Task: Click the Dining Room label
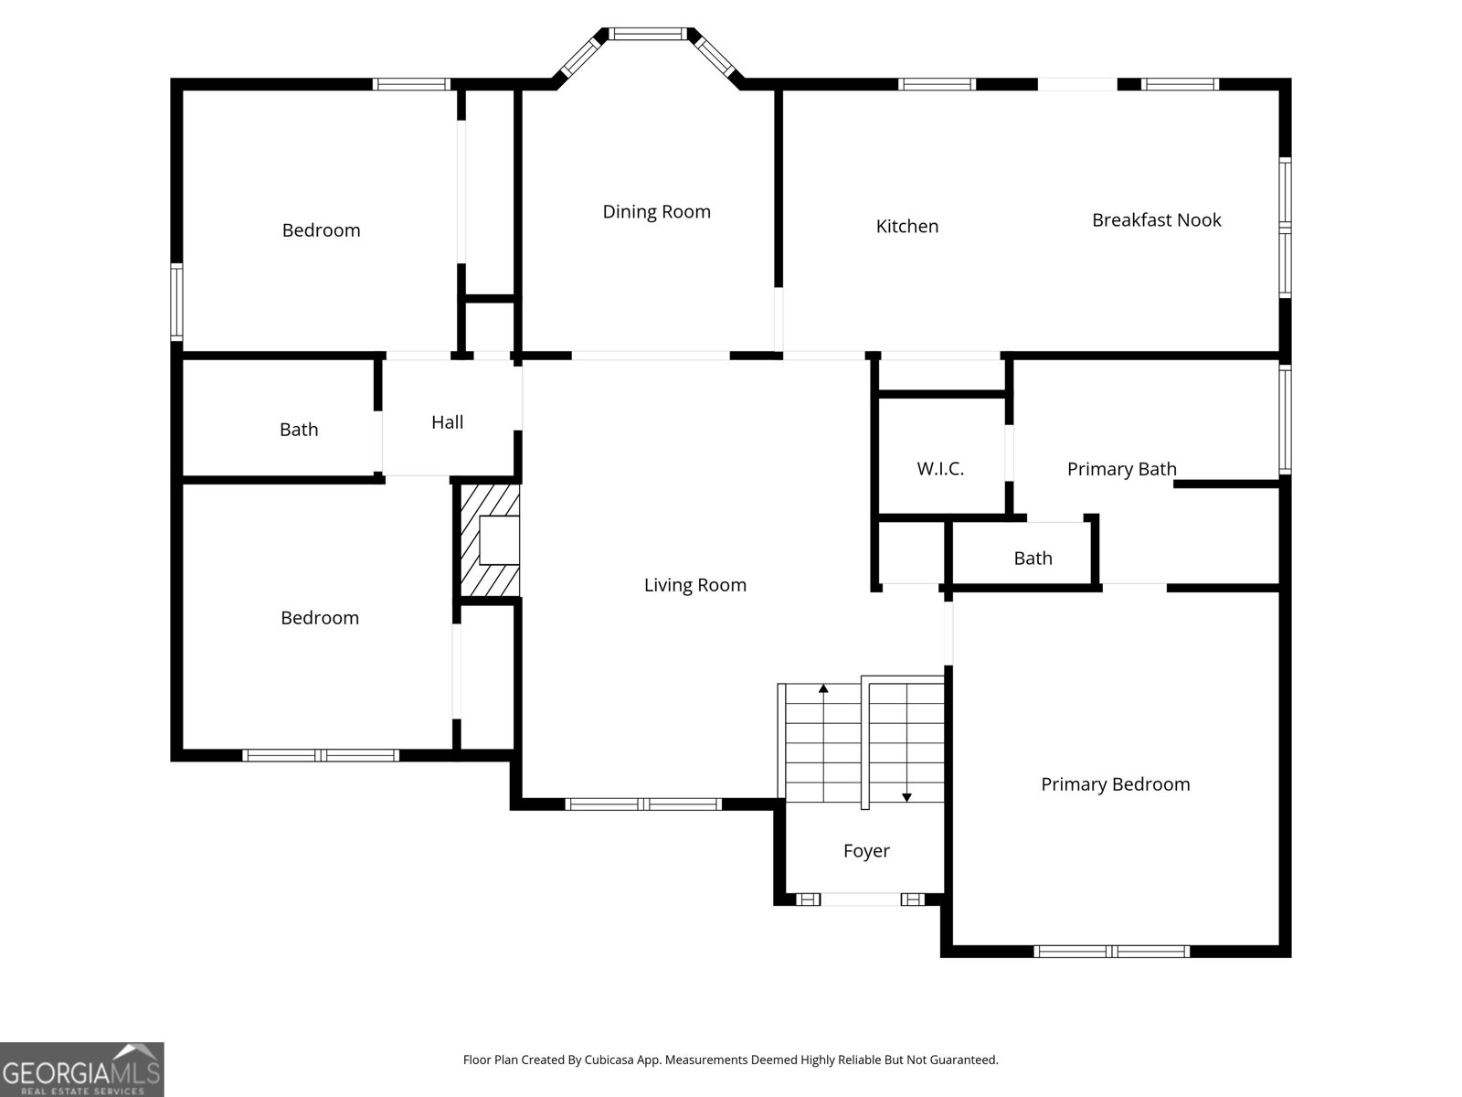(656, 212)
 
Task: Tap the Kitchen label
(906, 227)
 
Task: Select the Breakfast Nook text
(1156, 220)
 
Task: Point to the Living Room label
(694, 585)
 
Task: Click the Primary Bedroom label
(1115, 784)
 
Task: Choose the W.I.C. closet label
(940, 469)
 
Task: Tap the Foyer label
(866, 851)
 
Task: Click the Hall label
(447, 422)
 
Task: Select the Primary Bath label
(1122, 470)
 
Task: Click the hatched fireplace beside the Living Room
(490, 540)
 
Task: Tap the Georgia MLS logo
(82, 1069)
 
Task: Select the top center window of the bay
(648, 34)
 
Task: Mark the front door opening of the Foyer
(861, 900)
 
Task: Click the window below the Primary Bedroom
(1112, 952)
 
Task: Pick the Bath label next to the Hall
(299, 430)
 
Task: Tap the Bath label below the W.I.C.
(1033, 559)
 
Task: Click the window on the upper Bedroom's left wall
(176, 302)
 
